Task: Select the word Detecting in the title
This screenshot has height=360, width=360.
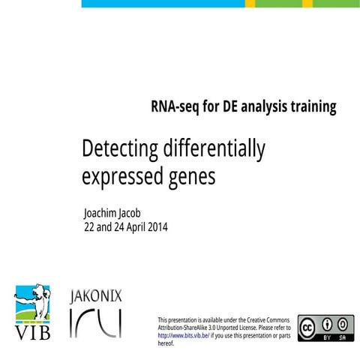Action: pos(119,149)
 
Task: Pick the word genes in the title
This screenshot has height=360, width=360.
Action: pos(192,178)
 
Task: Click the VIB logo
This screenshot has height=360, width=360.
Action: pos(33,311)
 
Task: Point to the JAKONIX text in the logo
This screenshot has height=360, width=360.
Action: pos(95,296)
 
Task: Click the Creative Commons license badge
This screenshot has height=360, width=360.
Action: pos(325,328)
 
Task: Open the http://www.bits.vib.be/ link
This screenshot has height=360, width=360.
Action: pos(183,336)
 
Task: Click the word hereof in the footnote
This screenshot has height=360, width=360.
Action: pos(166,343)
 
